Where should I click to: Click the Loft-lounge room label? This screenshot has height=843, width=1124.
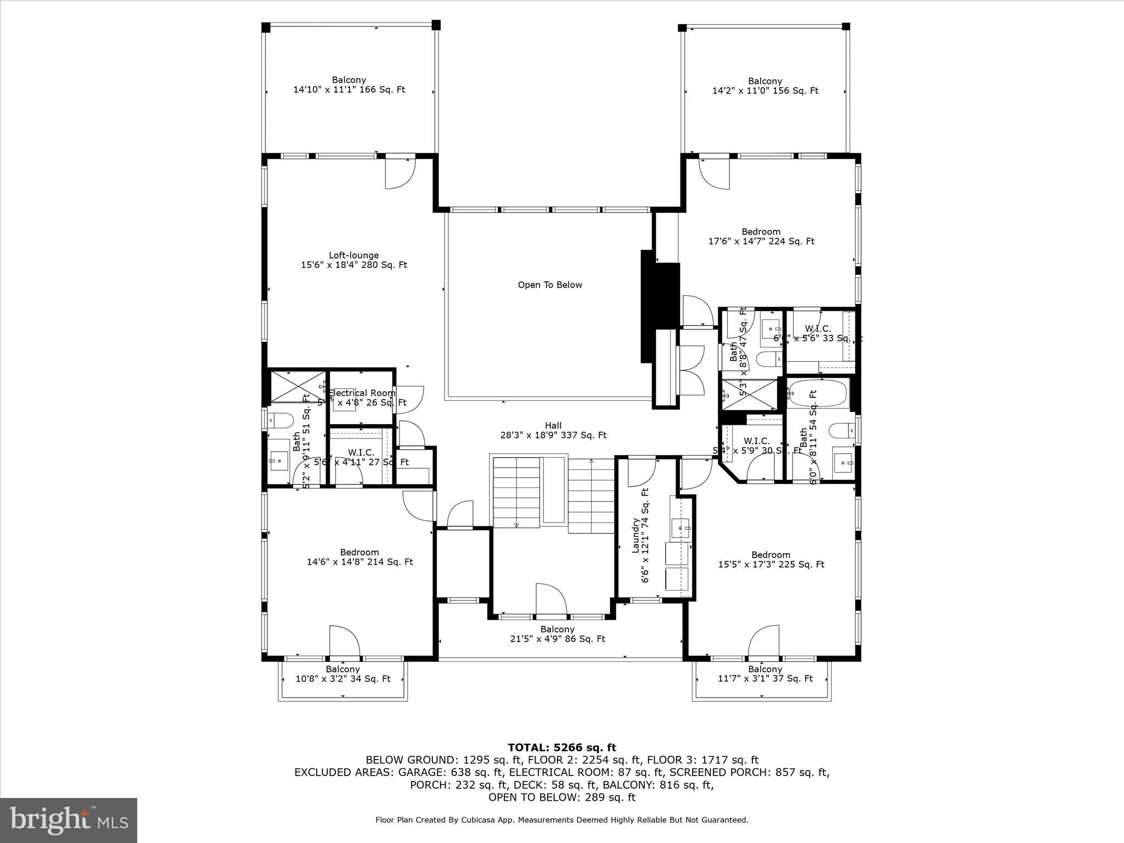click(353, 260)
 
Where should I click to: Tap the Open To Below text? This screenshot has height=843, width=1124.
click(549, 285)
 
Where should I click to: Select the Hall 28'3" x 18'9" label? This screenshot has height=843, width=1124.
click(553, 430)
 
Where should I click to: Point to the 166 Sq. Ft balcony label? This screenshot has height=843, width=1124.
click(349, 85)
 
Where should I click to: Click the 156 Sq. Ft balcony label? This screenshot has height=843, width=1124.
click(765, 86)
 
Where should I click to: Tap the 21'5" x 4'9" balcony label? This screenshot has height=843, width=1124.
click(557, 634)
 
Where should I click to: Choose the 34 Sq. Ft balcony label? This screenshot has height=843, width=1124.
click(342, 674)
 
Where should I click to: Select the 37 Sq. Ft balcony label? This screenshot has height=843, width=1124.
click(765, 674)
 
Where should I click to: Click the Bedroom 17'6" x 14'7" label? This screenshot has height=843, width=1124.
click(761, 237)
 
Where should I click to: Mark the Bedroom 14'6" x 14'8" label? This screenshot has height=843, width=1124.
click(359, 557)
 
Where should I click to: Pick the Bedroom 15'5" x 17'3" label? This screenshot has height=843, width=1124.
click(771, 559)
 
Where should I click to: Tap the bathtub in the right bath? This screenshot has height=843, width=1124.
click(818, 394)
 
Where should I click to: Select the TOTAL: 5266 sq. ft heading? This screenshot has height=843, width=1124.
click(561, 748)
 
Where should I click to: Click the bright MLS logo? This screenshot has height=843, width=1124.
click(69, 820)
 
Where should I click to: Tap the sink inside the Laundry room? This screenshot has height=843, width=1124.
click(681, 528)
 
